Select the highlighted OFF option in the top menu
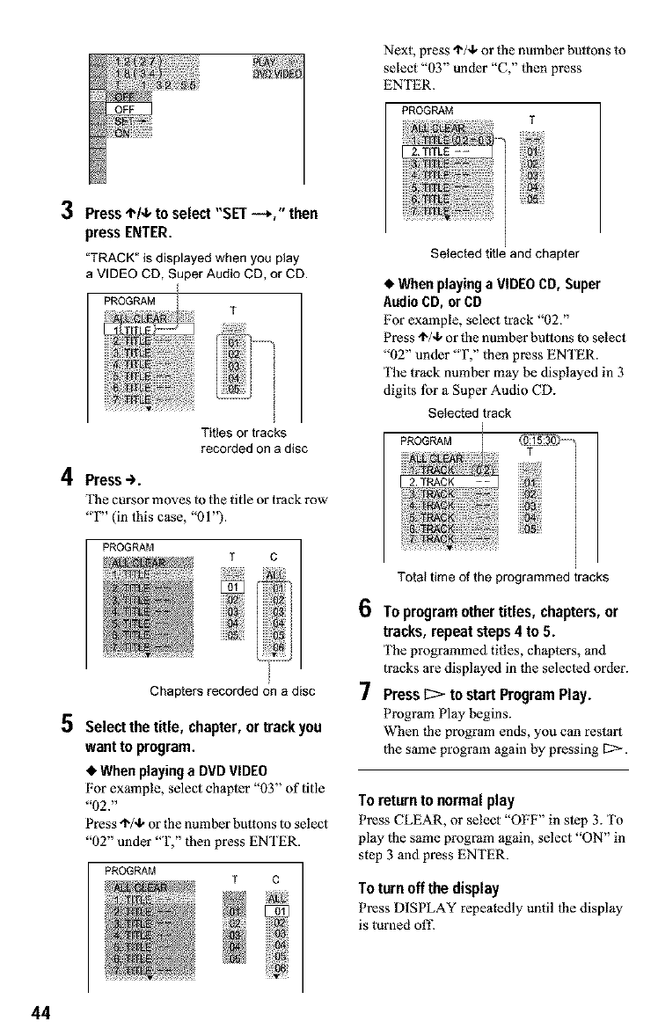(x=128, y=109)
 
